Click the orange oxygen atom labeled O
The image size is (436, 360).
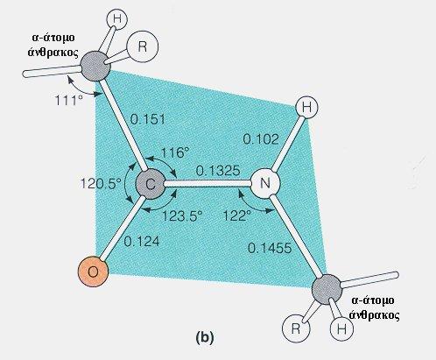[x=93, y=272]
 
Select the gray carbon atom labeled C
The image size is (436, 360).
[x=151, y=185]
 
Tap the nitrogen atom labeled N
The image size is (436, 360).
[x=265, y=183]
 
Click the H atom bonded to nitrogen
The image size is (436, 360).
[x=306, y=108]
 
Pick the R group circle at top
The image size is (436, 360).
[x=142, y=46]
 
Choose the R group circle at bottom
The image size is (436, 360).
[x=296, y=328]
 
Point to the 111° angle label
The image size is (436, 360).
[x=69, y=101]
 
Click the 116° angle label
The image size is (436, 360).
[x=175, y=152]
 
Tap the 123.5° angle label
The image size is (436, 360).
[x=182, y=216]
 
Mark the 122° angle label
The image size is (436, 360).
[x=237, y=216]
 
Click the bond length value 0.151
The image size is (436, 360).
[x=148, y=119]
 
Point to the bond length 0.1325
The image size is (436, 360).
[x=218, y=171]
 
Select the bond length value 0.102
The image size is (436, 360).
[x=261, y=139]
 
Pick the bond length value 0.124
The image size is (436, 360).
[x=142, y=242]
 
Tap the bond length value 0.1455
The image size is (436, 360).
[x=270, y=248]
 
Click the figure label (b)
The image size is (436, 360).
[x=205, y=337]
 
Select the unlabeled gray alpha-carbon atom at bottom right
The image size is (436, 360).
[x=327, y=289]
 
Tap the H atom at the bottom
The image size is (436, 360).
[x=341, y=329]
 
